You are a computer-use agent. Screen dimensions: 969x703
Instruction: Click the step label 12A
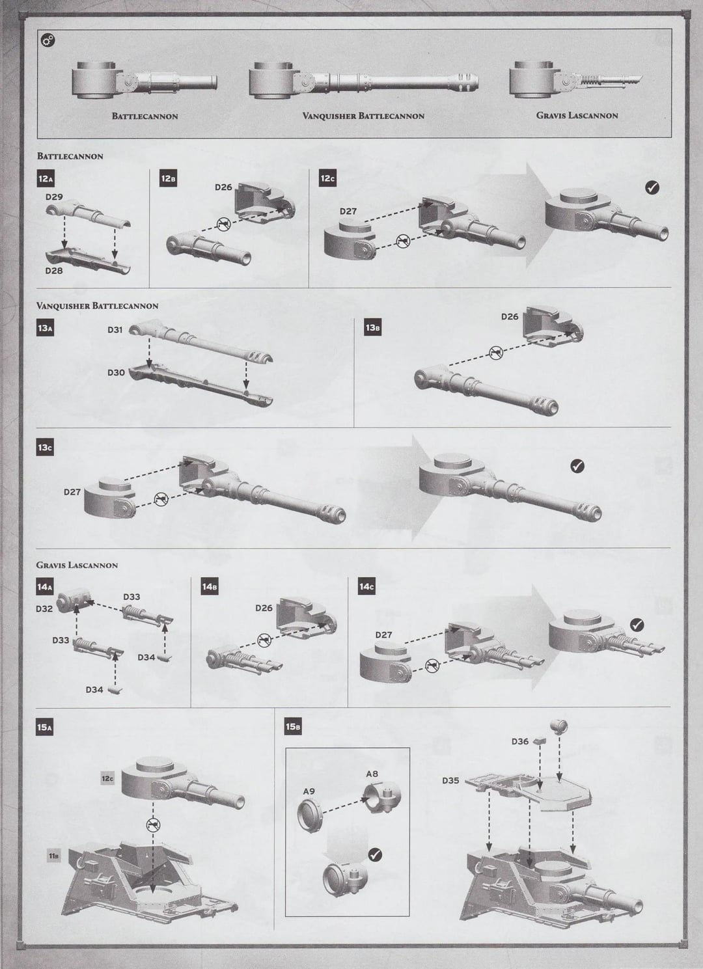(x=46, y=179)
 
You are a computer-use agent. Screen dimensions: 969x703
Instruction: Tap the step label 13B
(x=372, y=327)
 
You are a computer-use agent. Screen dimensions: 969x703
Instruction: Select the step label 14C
(x=366, y=586)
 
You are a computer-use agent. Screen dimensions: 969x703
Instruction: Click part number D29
(x=54, y=196)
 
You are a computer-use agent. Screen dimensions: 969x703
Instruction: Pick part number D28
(x=54, y=270)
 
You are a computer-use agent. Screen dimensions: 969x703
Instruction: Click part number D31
(x=115, y=329)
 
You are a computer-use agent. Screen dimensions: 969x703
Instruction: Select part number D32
(x=44, y=609)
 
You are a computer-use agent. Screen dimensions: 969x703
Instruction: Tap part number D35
(x=450, y=780)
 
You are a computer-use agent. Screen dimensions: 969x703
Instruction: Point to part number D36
(x=519, y=741)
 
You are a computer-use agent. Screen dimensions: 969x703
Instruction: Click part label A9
(x=309, y=791)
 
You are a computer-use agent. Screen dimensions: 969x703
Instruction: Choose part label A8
(x=372, y=774)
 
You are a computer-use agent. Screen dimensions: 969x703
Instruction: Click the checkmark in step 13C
(x=577, y=465)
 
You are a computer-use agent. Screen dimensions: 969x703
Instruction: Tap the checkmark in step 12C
(x=651, y=187)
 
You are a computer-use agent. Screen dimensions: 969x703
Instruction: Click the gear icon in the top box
(x=48, y=41)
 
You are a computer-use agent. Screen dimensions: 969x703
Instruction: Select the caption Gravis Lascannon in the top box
(x=577, y=115)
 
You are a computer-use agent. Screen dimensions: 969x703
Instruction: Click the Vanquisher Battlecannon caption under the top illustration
(x=363, y=116)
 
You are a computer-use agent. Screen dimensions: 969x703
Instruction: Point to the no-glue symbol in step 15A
(x=154, y=825)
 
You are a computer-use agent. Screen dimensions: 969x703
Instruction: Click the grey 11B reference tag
(x=54, y=856)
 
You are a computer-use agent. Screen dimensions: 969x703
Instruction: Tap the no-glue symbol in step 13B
(x=496, y=353)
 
